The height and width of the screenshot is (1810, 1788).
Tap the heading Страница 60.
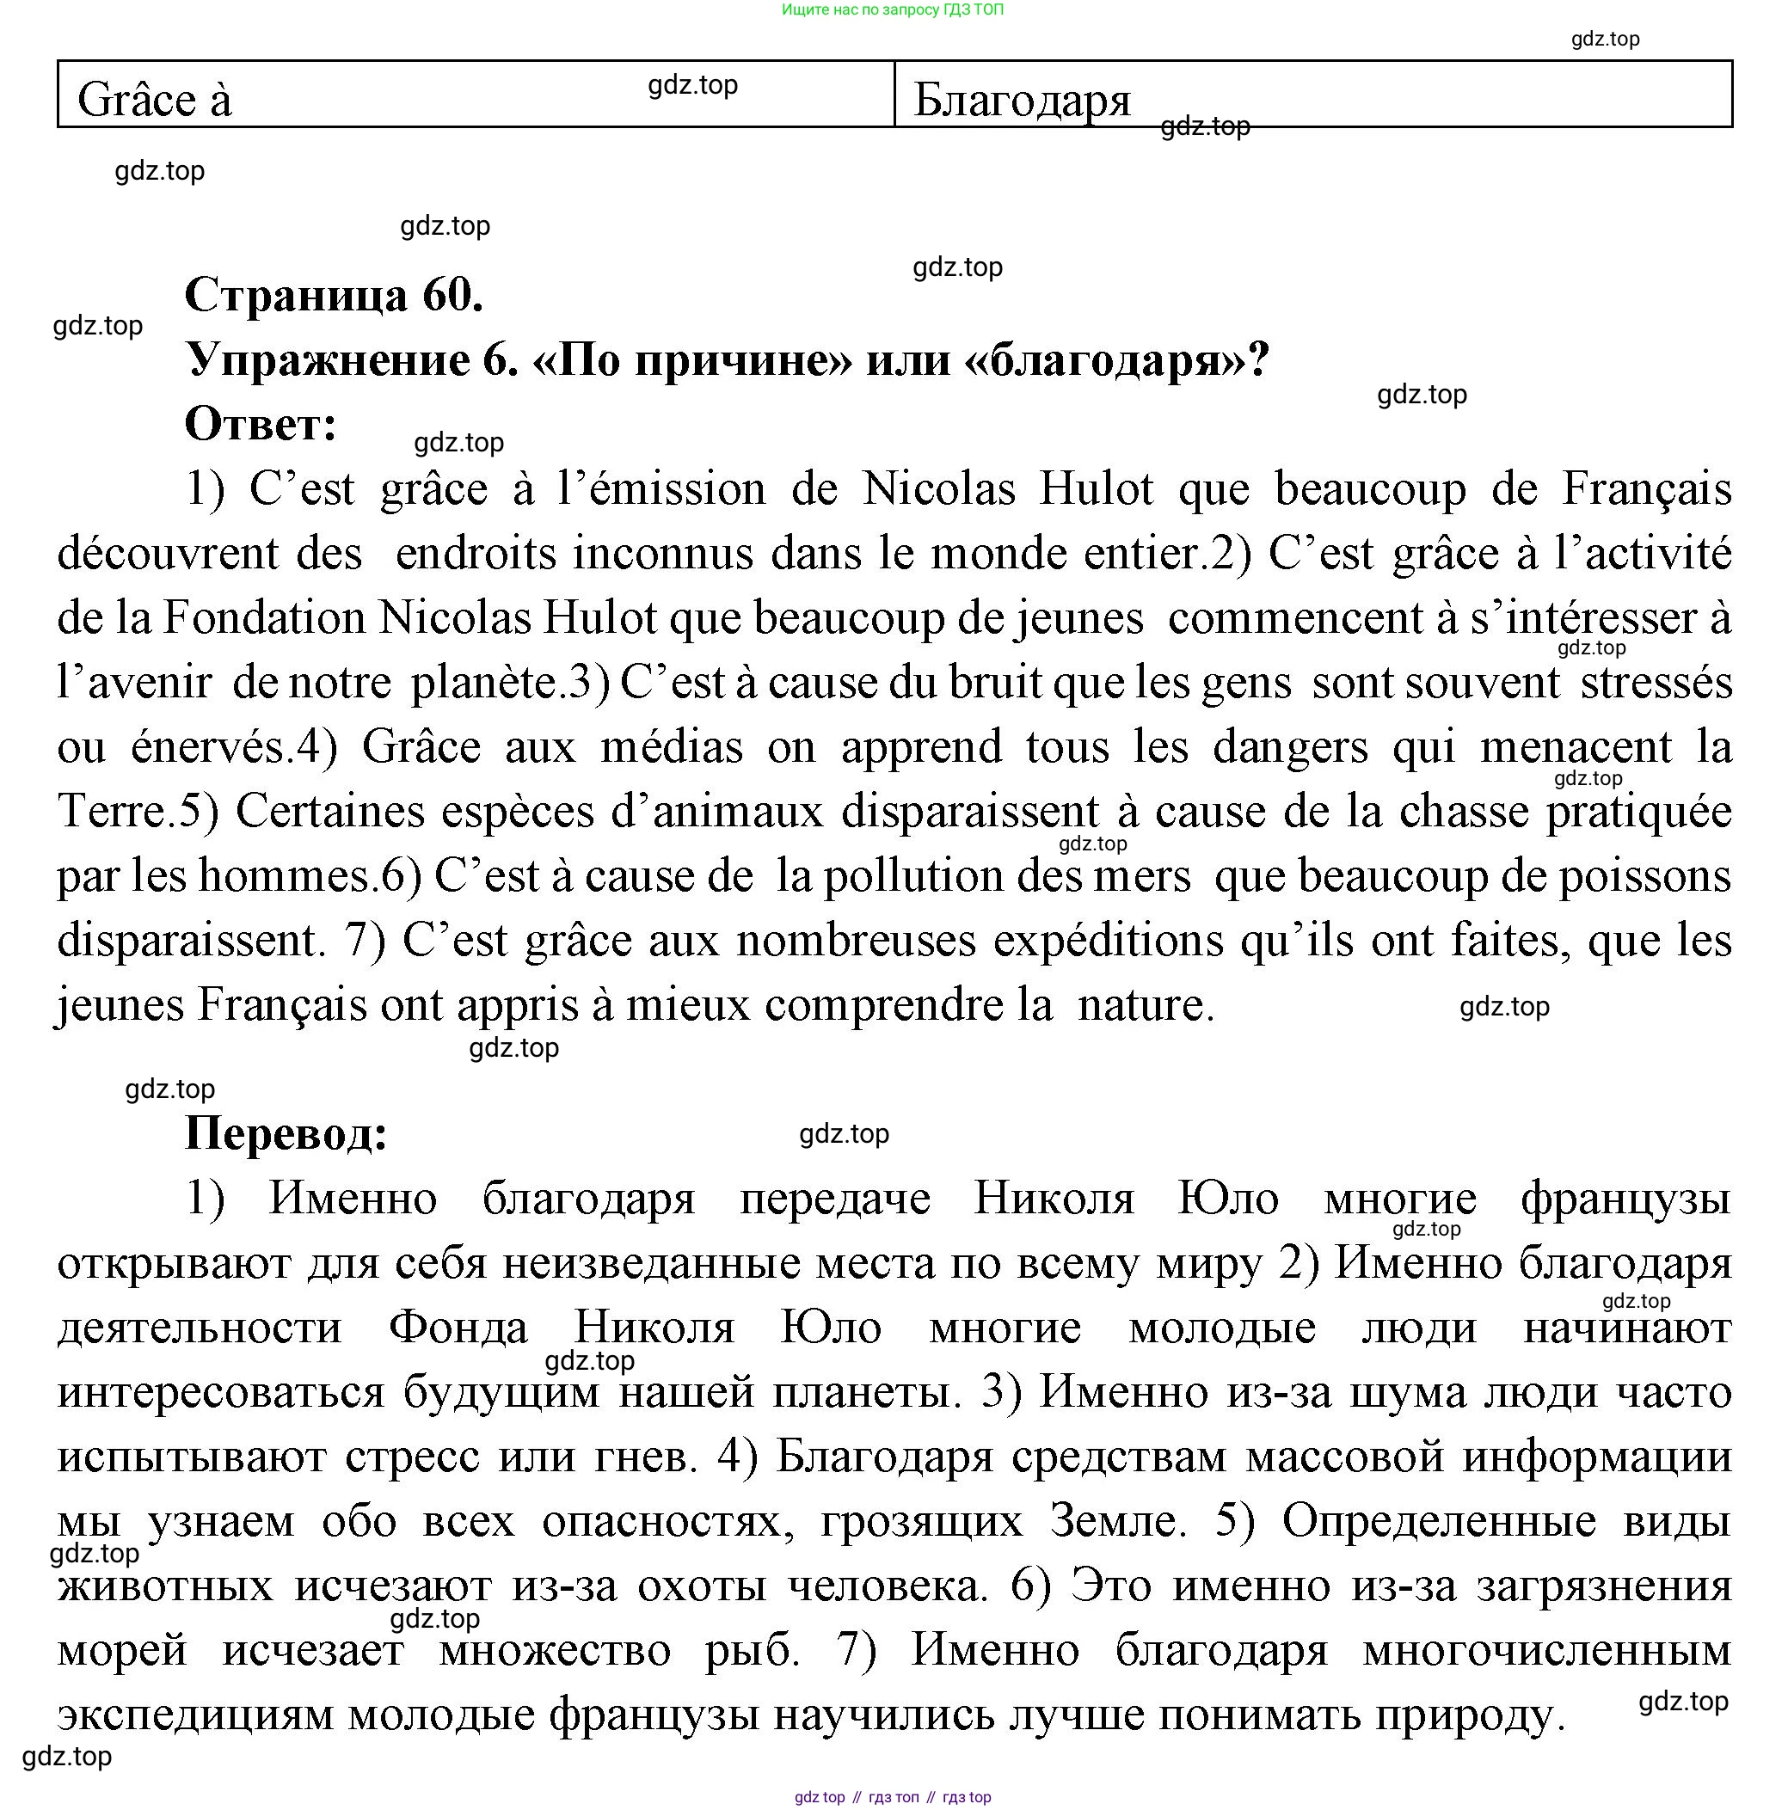click(x=334, y=294)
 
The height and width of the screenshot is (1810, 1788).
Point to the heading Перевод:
click(x=286, y=1133)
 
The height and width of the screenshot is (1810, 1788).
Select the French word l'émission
click(x=661, y=489)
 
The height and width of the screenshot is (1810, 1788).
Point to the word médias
click(x=671, y=747)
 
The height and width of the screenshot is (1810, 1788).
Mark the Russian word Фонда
click(x=458, y=1328)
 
